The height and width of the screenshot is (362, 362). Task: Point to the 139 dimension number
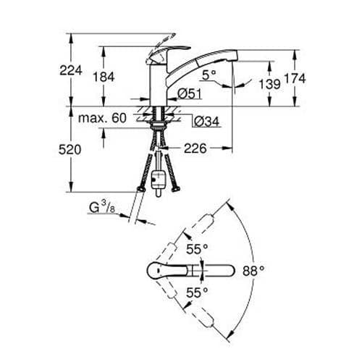pyautogui.click(x=269, y=85)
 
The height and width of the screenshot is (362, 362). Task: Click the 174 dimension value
pyautogui.click(x=313, y=77)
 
